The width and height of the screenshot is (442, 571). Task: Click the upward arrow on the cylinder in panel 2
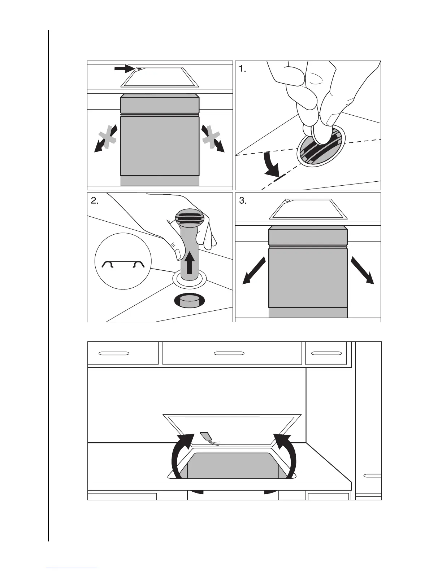tap(190, 262)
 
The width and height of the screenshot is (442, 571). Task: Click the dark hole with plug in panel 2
tap(189, 301)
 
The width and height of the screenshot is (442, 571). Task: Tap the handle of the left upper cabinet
tap(114, 353)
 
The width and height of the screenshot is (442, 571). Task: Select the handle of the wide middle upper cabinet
tap(229, 353)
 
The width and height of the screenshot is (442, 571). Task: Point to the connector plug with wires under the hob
tap(207, 437)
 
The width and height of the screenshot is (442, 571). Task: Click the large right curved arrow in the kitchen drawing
tap(287, 456)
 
